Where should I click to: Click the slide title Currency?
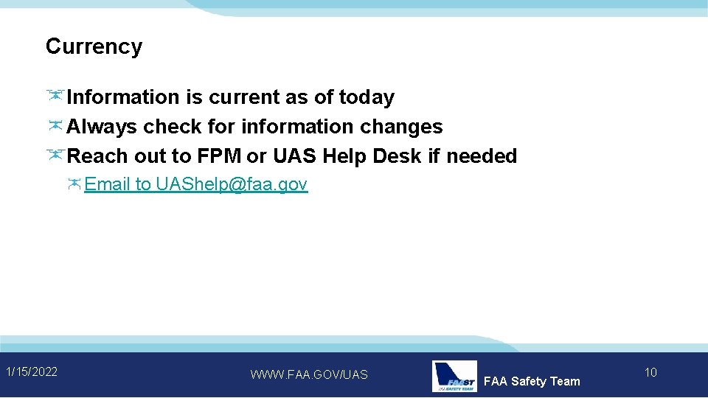[x=94, y=46]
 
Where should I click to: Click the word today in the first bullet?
[x=367, y=97]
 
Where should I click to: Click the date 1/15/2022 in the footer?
[x=32, y=371]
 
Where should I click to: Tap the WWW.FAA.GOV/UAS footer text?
[x=309, y=374]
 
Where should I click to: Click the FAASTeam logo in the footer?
[x=454, y=376]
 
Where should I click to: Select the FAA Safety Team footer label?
[x=532, y=381]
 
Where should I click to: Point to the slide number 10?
[x=650, y=372]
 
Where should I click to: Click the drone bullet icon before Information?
[x=55, y=97]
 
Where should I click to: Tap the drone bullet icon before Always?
[x=55, y=126]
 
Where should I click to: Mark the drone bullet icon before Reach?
[x=55, y=156]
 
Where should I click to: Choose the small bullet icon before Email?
[x=75, y=184]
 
